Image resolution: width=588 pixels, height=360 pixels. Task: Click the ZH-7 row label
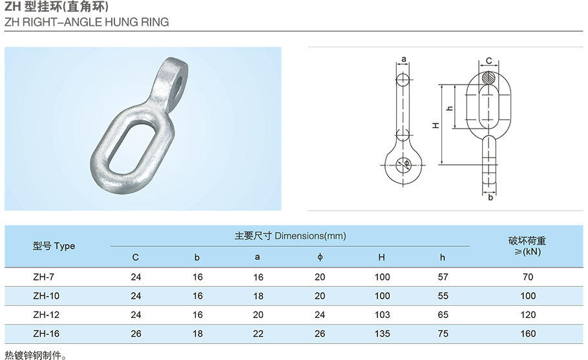coord(43,277)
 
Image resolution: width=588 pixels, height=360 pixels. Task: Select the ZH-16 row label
coord(46,334)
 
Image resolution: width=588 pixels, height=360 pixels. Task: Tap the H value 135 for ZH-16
coord(382,334)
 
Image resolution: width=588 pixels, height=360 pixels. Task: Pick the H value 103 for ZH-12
coord(382,315)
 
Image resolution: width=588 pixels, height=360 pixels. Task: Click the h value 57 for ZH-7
coord(443,277)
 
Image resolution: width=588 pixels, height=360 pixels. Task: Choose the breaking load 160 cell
coord(528,334)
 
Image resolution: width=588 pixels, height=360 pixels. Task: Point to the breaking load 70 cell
coord(528,277)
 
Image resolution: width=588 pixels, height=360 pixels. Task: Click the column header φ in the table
coord(320,257)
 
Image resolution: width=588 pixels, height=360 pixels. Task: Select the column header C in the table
coord(136,257)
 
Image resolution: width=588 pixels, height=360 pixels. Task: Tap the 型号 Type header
coord(54,246)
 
